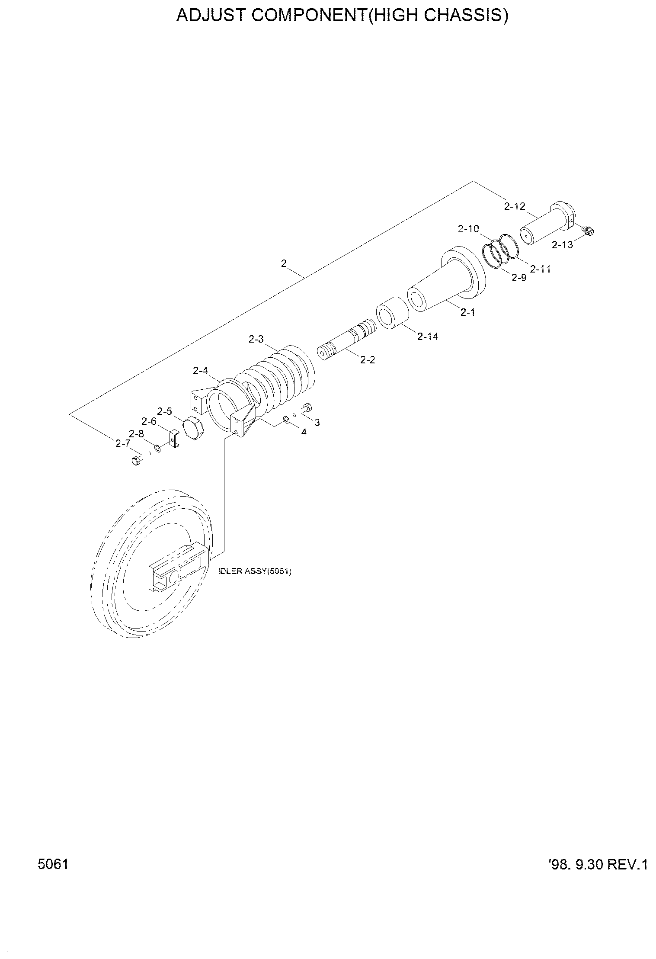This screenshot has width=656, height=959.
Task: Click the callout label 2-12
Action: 514,206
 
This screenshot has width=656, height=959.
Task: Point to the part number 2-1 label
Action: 468,312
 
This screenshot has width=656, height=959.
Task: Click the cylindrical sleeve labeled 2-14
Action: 393,312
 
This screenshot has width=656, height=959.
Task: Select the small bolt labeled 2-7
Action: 136,461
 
